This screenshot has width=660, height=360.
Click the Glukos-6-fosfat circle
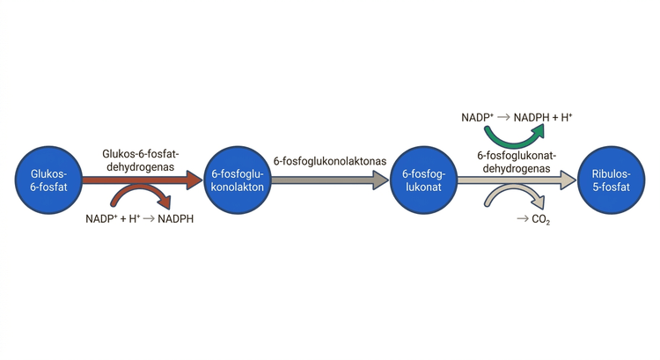coord(48,180)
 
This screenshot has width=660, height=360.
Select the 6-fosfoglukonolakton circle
coord(237,180)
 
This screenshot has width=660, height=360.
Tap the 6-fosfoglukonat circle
coord(423,180)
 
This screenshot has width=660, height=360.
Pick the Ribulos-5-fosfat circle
coord(612,180)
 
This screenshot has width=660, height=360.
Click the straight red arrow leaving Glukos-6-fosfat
coord(143,180)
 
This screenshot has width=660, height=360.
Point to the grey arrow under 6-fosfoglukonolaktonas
coord(330,180)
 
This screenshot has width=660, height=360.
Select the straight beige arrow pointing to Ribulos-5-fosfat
coord(517,180)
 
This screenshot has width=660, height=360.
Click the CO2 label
coord(541,219)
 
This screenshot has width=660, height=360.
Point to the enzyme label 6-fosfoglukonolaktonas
coord(330,161)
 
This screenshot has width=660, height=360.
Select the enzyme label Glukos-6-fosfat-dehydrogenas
coord(141,160)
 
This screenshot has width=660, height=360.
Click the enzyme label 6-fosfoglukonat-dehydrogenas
coord(517,162)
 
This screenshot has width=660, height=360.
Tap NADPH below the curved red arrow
coord(175,219)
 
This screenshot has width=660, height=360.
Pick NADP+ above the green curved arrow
coord(477,117)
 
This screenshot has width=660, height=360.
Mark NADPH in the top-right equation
coord(532,117)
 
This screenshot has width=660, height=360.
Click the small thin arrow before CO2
coord(523,219)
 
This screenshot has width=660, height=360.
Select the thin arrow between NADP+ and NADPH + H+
coord(503,117)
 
